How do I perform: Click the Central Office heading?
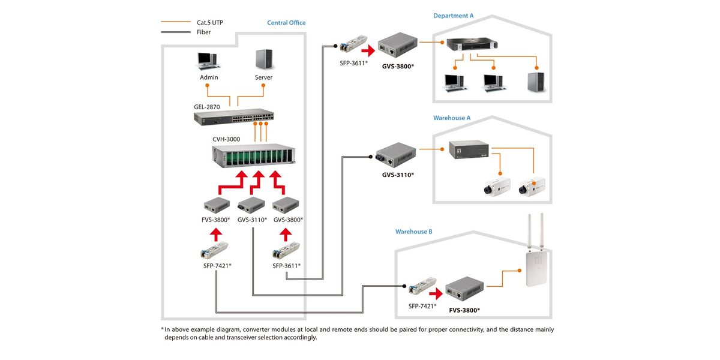click(x=286, y=23)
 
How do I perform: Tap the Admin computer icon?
click(x=208, y=61)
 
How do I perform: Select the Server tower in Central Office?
click(x=263, y=59)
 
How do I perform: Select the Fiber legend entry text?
click(x=203, y=32)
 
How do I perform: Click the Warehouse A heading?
click(x=452, y=118)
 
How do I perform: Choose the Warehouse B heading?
click(x=413, y=232)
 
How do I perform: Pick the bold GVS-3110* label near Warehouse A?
click(x=398, y=175)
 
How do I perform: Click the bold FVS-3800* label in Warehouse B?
click(x=464, y=310)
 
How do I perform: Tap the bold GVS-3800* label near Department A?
click(x=398, y=65)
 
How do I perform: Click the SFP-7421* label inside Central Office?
click(x=217, y=265)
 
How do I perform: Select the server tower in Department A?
click(x=536, y=82)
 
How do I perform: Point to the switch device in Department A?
click(x=472, y=44)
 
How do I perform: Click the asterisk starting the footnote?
click(x=162, y=329)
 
